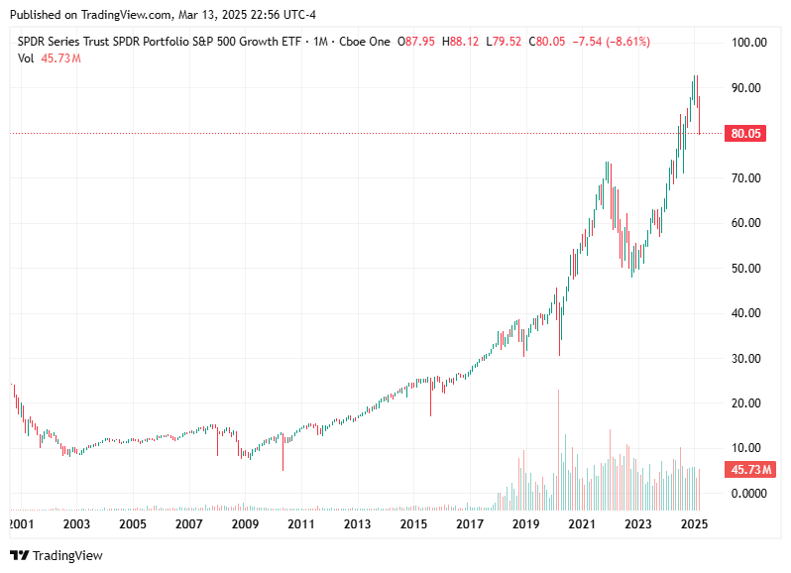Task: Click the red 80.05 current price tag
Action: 744,133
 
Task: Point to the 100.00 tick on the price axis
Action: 748,43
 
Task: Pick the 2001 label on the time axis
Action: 21,523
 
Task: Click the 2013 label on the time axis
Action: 358,523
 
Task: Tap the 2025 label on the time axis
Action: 695,523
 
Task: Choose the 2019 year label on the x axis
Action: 526,523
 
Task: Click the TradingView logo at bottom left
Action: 56,555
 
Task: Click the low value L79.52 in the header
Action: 509,41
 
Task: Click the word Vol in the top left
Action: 27,57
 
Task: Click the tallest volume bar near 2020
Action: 559,436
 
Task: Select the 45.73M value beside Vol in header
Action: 61,57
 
